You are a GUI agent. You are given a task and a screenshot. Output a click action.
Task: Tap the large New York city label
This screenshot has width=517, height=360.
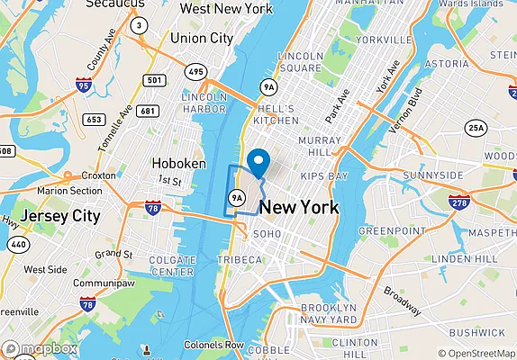click(299, 208)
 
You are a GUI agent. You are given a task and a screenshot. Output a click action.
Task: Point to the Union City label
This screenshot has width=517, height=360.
click(201, 39)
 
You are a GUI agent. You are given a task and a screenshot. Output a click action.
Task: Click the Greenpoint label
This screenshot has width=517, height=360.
click(391, 230)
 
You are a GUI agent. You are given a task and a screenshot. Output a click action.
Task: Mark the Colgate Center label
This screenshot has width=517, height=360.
click(172, 265)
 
